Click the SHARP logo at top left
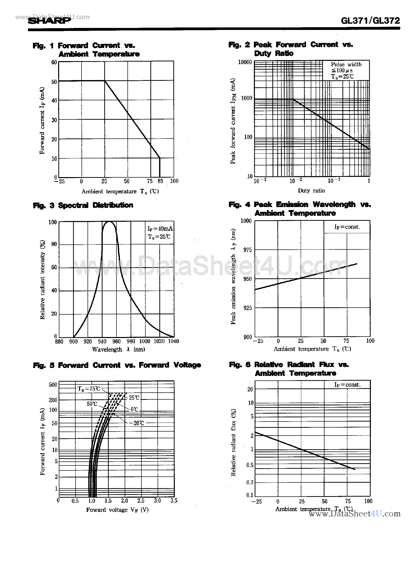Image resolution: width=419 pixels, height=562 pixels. point(49,20)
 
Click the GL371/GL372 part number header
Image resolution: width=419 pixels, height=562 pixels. point(370,20)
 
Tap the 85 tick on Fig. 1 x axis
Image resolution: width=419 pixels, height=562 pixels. point(160,181)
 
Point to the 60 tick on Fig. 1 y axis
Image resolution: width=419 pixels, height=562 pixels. point(54,62)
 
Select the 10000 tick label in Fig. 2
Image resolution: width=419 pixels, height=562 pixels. point(245,62)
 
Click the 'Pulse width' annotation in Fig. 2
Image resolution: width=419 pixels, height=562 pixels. point(346,64)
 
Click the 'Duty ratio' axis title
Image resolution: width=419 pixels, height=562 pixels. point(311,191)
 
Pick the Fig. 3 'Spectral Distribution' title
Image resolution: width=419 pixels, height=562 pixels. point(95,205)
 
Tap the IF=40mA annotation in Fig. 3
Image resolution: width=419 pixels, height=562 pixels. point(160,228)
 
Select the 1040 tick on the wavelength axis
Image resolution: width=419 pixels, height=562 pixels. point(174,341)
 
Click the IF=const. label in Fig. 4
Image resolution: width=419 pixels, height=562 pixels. point(347,227)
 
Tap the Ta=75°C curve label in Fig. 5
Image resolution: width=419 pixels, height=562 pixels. point(89,389)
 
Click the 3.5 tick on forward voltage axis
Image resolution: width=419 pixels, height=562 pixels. point(174,500)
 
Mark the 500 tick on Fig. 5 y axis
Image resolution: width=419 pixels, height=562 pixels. point(53,385)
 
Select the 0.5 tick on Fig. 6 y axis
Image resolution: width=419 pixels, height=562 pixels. point(250,465)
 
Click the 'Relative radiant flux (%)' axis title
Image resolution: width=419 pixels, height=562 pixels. point(233,442)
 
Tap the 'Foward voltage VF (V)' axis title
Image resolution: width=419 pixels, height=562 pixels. point(117,510)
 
